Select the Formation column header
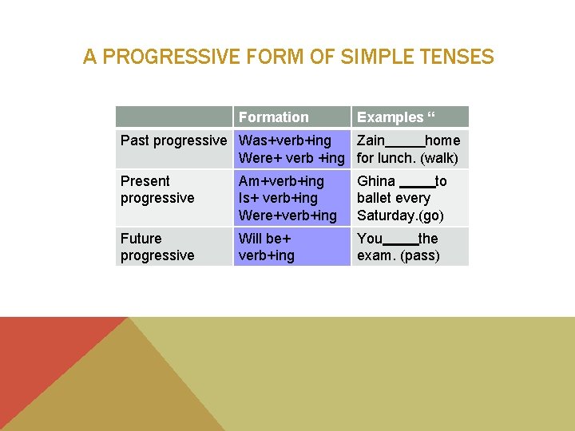[273, 117]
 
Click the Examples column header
[396, 117]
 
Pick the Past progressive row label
[173, 140]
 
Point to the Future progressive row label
[157, 247]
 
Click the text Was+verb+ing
[285, 140]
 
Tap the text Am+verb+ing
[281, 181]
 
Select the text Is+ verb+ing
[278, 198]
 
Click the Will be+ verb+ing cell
[267, 247]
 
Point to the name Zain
[371, 140]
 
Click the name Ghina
[376, 181]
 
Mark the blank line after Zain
[405, 147]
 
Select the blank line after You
[401, 243]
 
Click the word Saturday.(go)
[400, 215]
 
